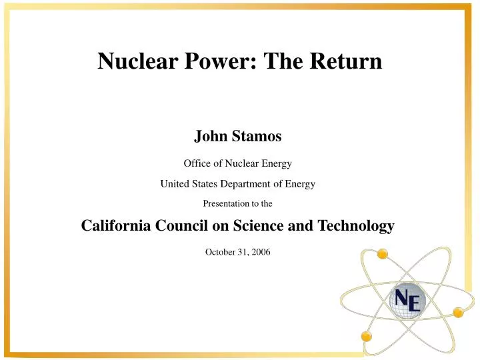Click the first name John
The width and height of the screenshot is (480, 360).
(x=209, y=137)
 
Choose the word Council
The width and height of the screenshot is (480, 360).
(x=186, y=226)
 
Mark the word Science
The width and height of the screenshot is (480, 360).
(x=257, y=226)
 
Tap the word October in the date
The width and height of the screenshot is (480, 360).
(x=221, y=252)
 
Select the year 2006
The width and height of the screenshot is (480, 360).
(x=260, y=252)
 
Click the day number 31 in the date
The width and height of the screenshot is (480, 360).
(x=241, y=252)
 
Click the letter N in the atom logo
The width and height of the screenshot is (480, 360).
(x=403, y=297)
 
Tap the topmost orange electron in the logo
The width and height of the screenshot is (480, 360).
(x=382, y=254)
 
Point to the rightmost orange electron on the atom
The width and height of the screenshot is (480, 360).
(x=458, y=311)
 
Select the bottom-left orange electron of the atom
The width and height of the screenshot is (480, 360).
(x=365, y=336)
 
